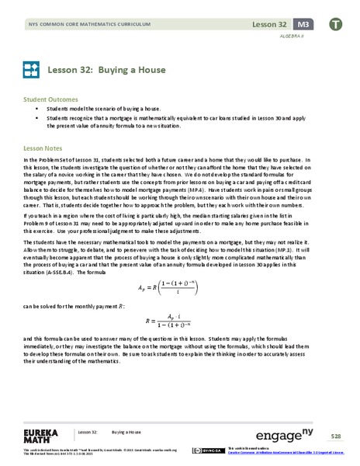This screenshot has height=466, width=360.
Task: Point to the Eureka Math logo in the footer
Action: pos(40,432)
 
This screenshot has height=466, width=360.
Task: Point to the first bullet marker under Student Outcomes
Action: pos(37,110)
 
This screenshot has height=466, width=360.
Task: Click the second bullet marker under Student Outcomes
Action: pos(37,119)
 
